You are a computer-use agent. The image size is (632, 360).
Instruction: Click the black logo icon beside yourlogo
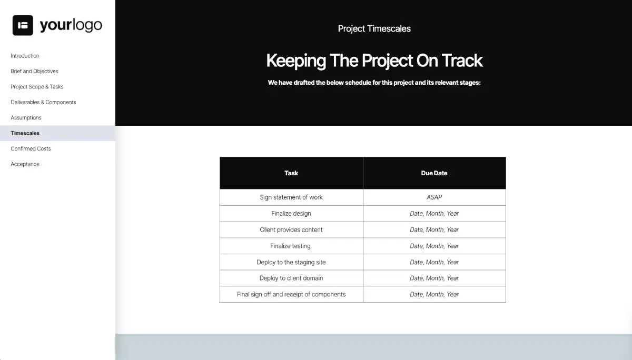[23, 25]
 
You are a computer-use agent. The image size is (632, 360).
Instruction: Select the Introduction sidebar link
[25, 56]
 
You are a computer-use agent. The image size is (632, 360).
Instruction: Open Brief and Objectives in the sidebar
[34, 71]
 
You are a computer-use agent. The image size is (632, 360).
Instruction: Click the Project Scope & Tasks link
[37, 87]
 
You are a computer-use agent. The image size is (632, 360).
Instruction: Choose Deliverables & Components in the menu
[43, 102]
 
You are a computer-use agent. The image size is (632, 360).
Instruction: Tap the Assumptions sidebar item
[26, 118]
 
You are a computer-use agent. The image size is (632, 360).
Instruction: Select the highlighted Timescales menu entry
[25, 133]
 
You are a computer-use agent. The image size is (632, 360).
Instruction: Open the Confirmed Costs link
[31, 148]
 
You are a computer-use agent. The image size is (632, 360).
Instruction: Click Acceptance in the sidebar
[25, 164]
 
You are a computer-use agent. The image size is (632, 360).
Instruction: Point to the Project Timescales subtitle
[374, 28]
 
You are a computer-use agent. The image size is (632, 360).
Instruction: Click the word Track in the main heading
[462, 61]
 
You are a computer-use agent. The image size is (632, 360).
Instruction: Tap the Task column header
[291, 173]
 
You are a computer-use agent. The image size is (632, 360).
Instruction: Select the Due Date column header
[434, 173]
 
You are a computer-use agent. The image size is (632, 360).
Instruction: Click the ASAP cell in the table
[434, 197]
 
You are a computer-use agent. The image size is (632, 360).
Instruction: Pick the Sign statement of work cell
[291, 197]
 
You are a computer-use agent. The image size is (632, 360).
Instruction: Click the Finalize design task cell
[291, 214]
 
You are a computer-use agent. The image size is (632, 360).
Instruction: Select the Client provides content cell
[291, 230]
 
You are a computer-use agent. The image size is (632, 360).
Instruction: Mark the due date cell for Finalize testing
[434, 246]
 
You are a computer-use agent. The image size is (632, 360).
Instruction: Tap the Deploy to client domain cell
[291, 278]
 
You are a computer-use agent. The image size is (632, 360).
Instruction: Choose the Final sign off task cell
[291, 294]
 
